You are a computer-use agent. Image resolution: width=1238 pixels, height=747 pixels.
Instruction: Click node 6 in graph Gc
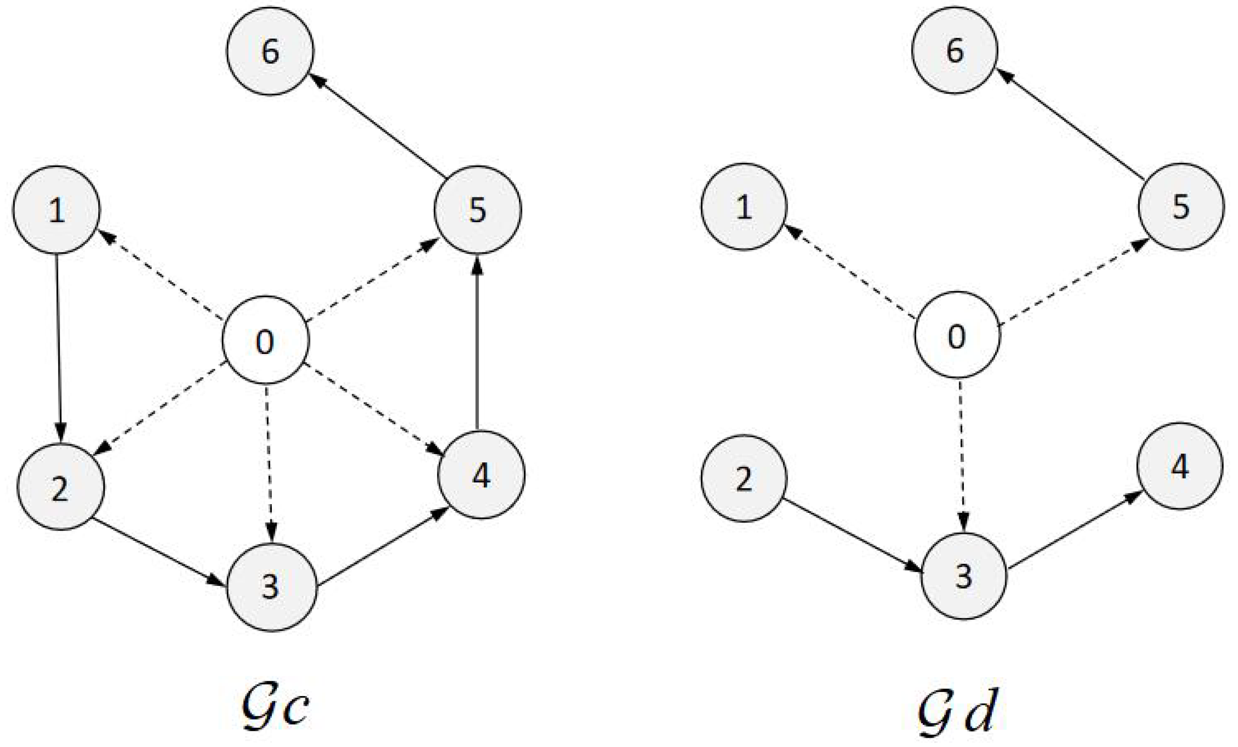pyautogui.click(x=270, y=51)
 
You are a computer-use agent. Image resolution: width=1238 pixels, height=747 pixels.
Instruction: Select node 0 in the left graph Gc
pyautogui.click(x=265, y=340)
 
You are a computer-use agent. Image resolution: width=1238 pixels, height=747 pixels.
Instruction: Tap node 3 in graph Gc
pyautogui.click(x=272, y=587)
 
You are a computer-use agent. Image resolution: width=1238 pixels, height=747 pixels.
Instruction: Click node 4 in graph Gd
pyautogui.click(x=1180, y=466)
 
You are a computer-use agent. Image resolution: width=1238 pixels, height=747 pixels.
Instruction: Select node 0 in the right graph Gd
pyautogui.click(x=957, y=335)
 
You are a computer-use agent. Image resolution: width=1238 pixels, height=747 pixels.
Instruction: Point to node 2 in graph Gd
pyautogui.click(x=743, y=478)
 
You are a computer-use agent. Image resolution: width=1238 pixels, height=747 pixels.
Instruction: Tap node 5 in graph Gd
pyautogui.click(x=1181, y=207)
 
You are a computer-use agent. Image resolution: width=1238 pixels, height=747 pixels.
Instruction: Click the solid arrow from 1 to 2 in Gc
pyautogui.click(x=58, y=347)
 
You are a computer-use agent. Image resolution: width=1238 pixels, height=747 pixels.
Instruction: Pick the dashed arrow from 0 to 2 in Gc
pyautogui.click(x=161, y=407)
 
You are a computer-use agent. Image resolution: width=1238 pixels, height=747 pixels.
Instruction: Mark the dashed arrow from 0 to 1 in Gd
pyautogui.click(x=849, y=271)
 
